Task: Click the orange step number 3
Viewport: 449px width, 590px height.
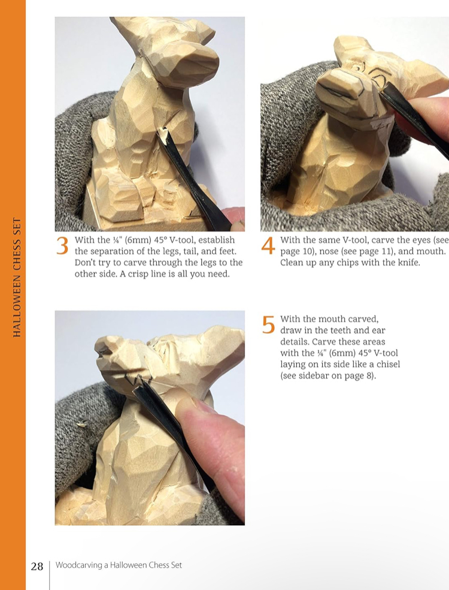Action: (x=62, y=246)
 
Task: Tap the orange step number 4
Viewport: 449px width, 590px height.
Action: (x=268, y=246)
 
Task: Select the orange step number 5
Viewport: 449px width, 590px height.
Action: (x=268, y=325)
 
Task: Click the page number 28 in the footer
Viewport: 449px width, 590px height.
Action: (x=37, y=566)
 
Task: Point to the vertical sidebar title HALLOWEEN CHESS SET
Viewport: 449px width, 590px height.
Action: (x=17, y=278)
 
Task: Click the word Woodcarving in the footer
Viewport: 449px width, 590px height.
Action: (x=79, y=565)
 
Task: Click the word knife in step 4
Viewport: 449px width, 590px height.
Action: (x=406, y=262)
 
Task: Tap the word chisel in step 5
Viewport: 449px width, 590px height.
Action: (x=388, y=364)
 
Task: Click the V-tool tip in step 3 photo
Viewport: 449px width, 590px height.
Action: (x=162, y=133)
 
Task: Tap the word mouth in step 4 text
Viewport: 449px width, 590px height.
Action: (x=432, y=251)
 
